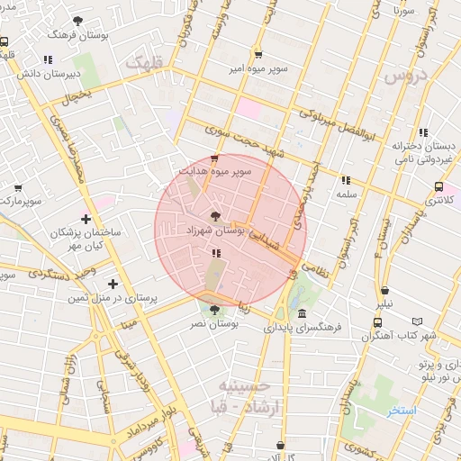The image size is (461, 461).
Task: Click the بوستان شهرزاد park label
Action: (213, 231)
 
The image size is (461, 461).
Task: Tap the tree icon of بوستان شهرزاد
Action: (214, 215)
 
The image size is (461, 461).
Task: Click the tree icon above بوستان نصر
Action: (214, 311)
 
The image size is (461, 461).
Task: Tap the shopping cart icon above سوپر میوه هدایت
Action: (213, 158)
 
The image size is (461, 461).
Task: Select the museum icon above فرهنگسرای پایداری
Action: (300, 317)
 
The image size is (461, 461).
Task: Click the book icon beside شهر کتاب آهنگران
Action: (415, 321)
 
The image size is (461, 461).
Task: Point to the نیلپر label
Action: (384, 305)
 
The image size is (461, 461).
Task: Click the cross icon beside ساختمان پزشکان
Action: (86, 219)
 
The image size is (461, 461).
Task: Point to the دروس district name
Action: (405, 78)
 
